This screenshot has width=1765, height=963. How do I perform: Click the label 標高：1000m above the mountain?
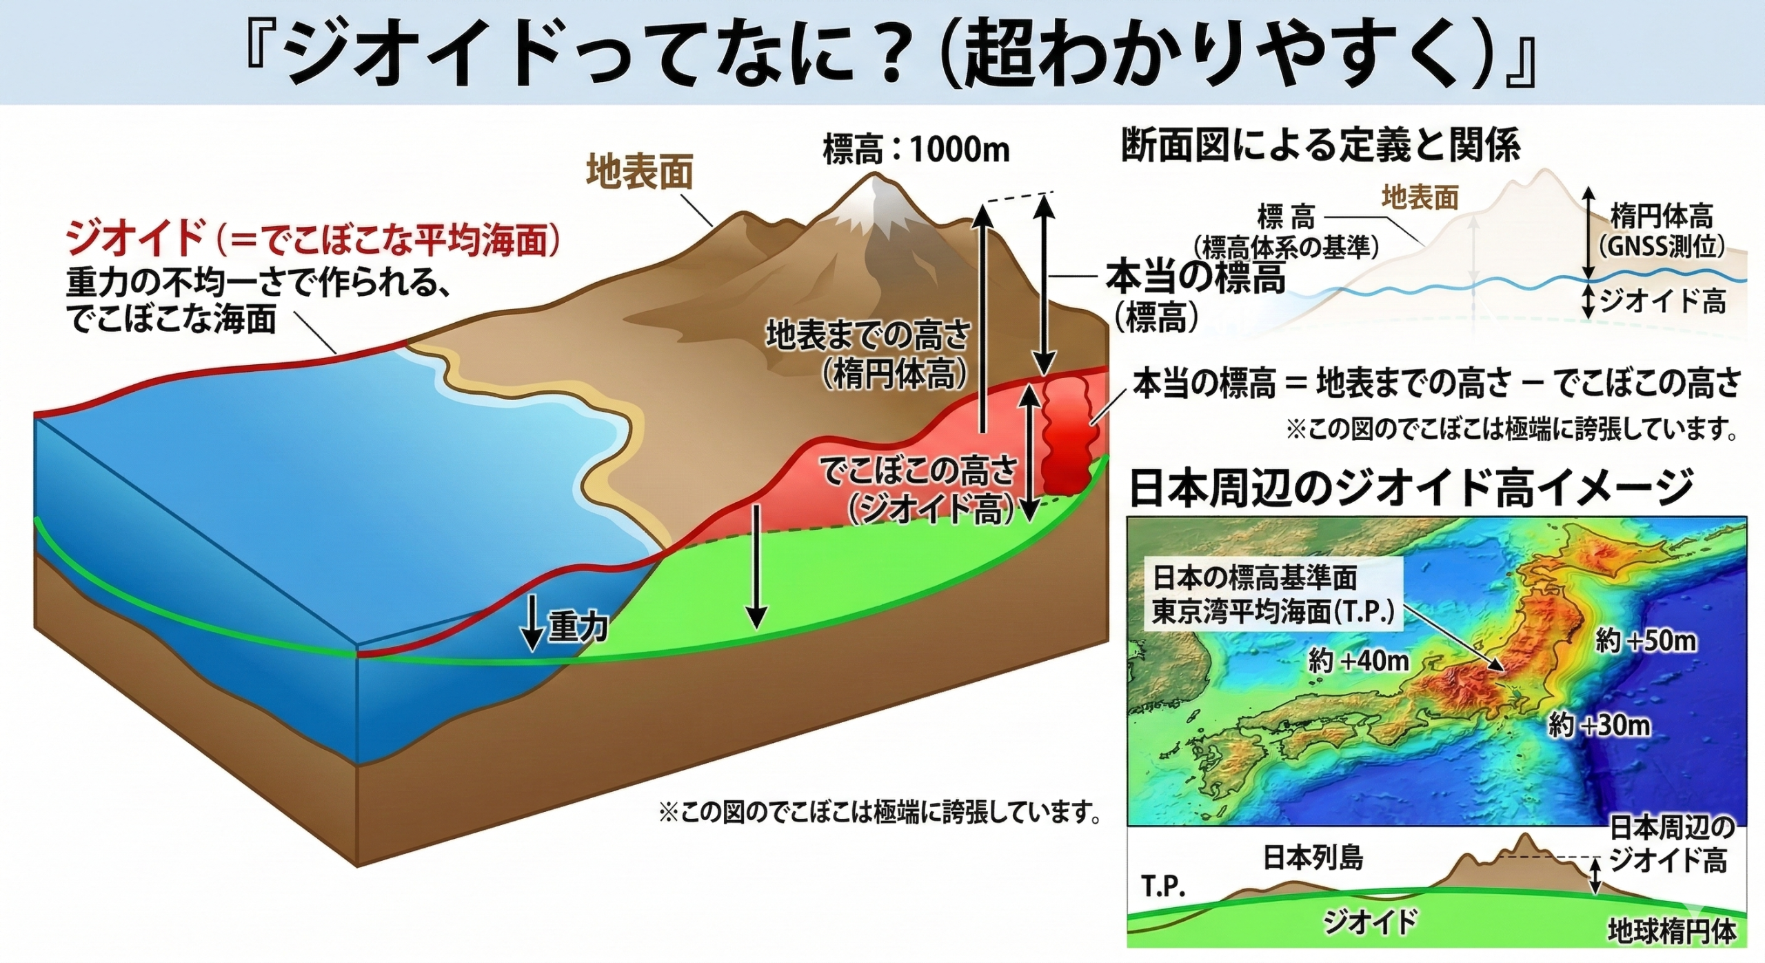[x=916, y=150]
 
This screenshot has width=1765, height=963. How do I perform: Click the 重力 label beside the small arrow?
[x=578, y=627]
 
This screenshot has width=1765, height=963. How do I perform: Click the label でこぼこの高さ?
[x=917, y=471]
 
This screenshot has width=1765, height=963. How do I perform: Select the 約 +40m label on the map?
[x=1359, y=662]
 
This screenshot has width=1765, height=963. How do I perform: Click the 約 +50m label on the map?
[x=1646, y=642]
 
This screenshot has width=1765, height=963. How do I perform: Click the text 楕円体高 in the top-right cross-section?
[x=1661, y=218]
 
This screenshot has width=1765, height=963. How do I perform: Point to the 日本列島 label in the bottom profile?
[x=1313, y=858]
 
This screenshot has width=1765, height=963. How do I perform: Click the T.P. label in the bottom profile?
[x=1164, y=887]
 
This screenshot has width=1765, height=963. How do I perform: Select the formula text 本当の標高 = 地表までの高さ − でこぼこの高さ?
[x=1437, y=384]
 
